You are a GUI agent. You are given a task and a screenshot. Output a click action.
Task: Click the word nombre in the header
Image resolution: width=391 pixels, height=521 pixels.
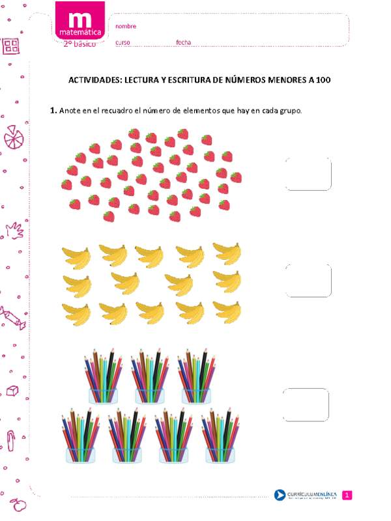[126, 26]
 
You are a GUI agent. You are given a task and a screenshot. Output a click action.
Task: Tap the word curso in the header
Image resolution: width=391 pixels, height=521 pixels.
[123, 42]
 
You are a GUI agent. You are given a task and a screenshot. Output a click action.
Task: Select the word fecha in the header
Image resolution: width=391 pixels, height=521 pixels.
[183, 42]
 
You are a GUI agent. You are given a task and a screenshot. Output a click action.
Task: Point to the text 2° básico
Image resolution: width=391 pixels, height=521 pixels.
[80, 44]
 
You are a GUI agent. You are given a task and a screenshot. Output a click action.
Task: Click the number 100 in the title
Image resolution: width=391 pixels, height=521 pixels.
[323, 80]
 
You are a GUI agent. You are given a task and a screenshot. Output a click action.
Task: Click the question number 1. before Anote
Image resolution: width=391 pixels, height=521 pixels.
[53, 111]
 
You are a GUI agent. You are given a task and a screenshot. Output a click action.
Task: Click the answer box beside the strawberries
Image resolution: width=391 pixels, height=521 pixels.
[308, 174]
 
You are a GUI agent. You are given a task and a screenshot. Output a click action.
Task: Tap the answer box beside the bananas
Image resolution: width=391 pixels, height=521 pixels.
[308, 280]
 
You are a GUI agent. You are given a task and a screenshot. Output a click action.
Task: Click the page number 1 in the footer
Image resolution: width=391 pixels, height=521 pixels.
[347, 496]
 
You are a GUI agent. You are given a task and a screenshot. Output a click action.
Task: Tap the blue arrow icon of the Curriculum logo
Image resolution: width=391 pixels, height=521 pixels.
[280, 496]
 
